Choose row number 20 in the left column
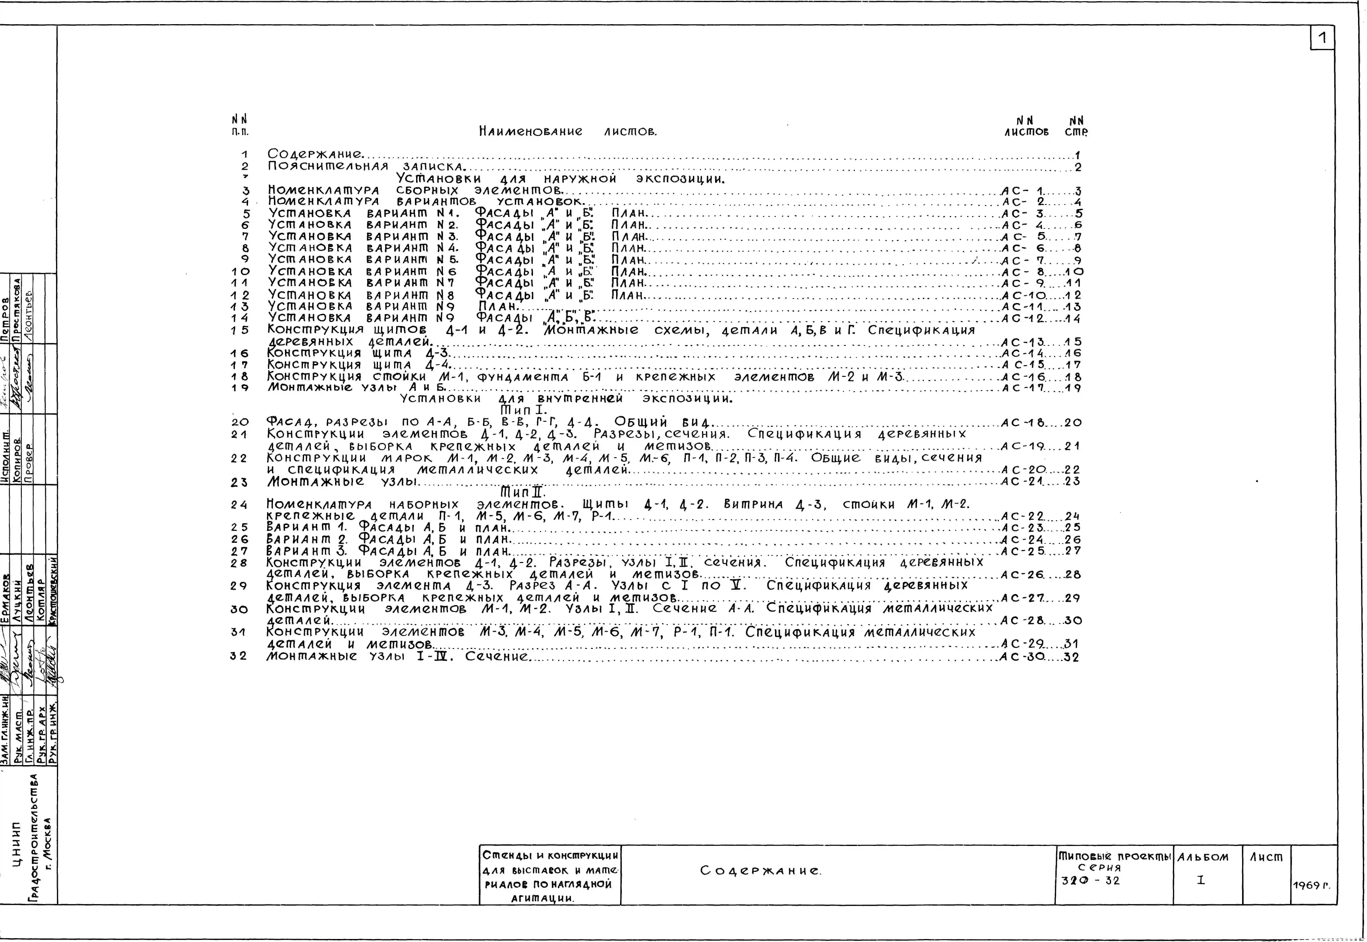click(x=240, y=423)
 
